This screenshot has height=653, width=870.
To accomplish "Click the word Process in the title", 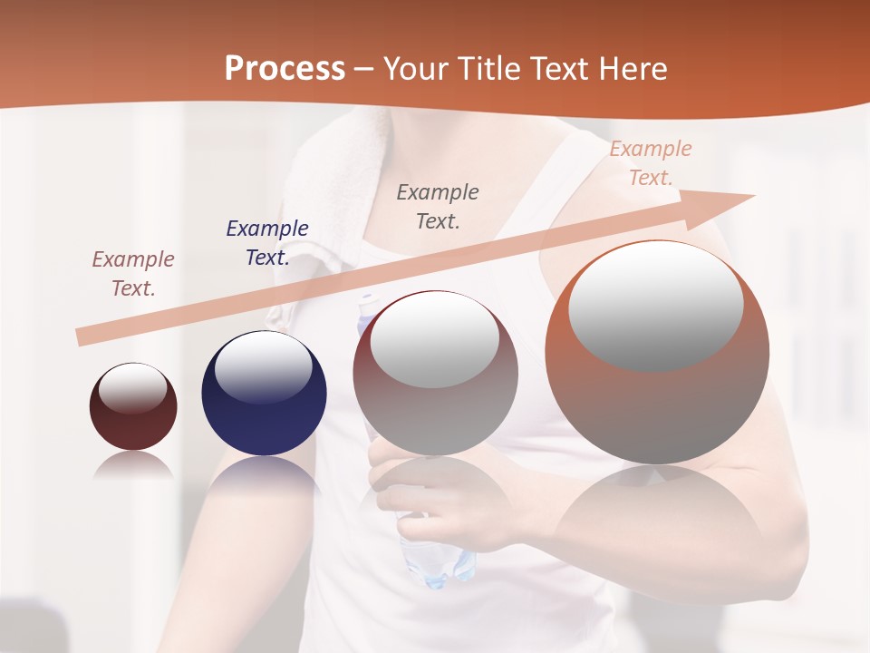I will pos(285,69).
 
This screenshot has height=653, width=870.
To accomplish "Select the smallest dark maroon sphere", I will pos(133,406).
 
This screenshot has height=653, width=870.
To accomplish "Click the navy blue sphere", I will pos(264,393).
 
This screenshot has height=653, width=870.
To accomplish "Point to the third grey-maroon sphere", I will pos(435,374).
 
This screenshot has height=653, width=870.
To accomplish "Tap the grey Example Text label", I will pos(438,206).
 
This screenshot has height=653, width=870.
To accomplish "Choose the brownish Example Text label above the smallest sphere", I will pos(133,274).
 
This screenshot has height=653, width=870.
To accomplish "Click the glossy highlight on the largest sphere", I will pos(655,305).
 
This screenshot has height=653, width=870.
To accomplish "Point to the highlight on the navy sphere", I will pos(264,365).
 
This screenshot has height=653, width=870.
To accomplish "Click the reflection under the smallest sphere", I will pos(133,464).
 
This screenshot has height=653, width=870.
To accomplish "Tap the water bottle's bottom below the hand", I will pos(440,558).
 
